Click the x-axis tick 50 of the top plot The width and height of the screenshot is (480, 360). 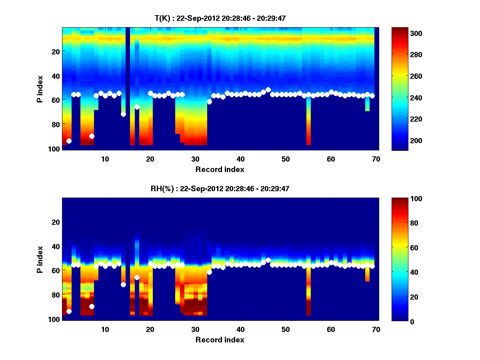click(x=286, y=159)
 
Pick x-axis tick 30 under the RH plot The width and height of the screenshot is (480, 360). click(x=195, y=329)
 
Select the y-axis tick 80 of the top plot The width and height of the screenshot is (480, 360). click(x=55, y=124)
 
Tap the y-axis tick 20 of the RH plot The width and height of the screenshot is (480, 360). click(x=55, y=222)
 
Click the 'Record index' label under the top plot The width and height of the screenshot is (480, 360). click(x=220, y=169)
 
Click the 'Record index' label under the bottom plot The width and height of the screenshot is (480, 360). click(x=220, y=340)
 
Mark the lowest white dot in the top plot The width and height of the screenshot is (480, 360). click(x=69, y=141)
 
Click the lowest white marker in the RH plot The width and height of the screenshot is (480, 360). click(x=69, y=311)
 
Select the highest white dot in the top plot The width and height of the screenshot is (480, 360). click(x=268, y=90)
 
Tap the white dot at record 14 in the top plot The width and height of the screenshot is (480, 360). click(x=123, y=114)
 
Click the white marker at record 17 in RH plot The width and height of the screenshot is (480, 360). click(x=137, y=277)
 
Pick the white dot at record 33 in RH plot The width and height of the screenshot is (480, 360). click(x=209, y=272)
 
